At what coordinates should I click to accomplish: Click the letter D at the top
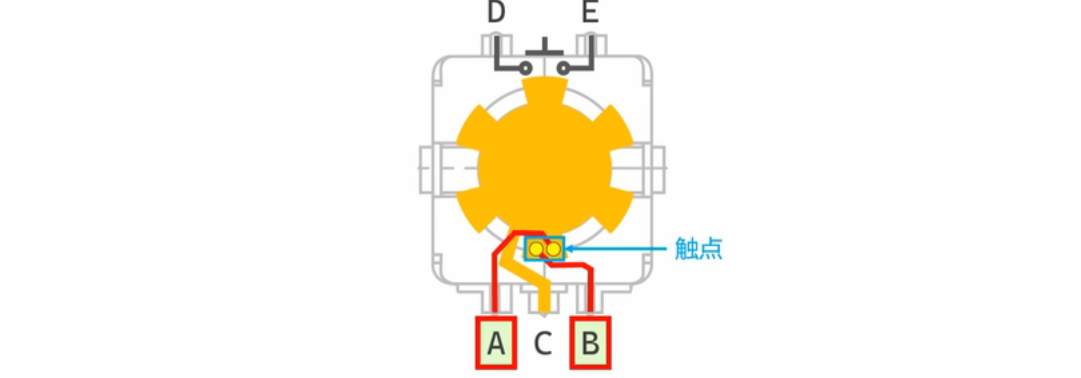[496, 12]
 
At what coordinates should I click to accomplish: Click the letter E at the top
[590, 12]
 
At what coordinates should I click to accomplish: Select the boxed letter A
[496, 343]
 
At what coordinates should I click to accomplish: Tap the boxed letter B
[590, 343]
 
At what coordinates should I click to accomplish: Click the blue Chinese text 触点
[698, 248]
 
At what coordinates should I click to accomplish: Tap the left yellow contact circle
[536, 249]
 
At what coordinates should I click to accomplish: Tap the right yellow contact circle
[553, 249]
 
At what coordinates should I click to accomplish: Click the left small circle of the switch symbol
[525, 69]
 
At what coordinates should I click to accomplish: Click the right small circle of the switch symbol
[563, 69]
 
